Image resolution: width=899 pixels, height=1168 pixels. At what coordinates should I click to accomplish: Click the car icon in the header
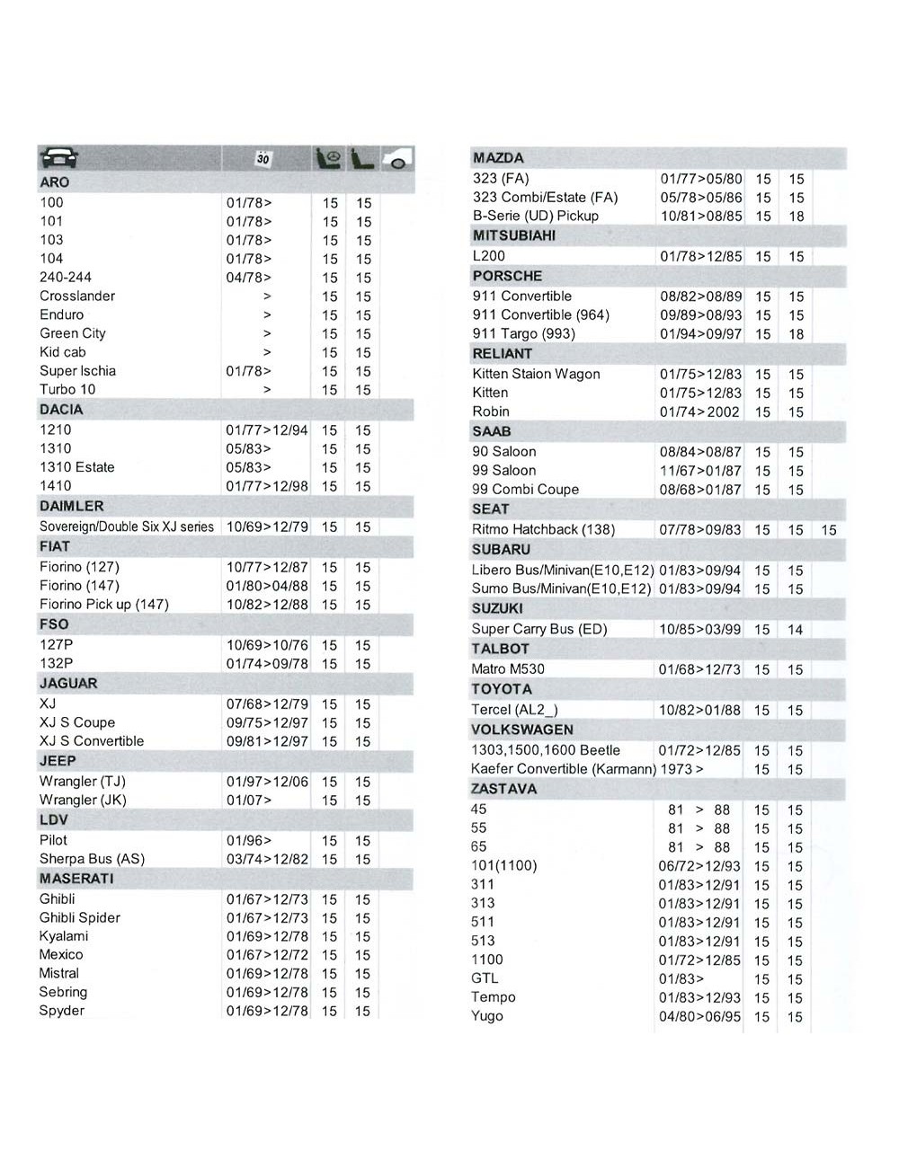(x=59, y=158)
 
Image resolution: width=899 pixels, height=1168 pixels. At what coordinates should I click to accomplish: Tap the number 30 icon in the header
(x=263, y=159)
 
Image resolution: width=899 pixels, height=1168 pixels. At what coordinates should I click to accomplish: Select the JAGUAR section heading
(x=68, y=684)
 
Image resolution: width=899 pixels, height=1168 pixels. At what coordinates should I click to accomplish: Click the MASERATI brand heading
(x=76, y=879)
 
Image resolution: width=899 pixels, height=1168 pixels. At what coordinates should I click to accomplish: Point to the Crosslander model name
(x=77, y=296)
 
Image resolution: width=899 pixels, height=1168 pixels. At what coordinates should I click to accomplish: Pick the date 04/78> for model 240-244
(x=248, y=278)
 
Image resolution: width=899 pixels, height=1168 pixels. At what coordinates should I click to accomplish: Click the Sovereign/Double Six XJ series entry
(x=127, y=526)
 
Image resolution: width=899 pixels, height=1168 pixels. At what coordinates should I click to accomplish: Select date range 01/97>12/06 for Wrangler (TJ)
(x=267, y=782)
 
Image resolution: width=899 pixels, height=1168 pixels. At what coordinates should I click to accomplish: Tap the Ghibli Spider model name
(x=79, y=918)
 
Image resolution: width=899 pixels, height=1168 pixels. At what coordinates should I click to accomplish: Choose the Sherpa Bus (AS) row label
(x=92, y=859)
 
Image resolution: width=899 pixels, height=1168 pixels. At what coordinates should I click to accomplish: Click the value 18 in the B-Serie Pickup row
(x=796, y=217)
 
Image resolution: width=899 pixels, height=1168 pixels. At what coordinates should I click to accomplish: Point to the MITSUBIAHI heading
(x=514, y=235)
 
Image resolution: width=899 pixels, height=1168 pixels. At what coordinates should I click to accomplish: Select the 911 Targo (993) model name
(x=524, y=334)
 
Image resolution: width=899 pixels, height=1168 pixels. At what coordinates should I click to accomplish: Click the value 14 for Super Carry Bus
(x=795, y=630)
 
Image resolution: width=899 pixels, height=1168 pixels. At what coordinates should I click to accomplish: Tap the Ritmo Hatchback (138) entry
(x=543, y=530)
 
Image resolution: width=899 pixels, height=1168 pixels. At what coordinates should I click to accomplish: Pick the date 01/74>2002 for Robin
(x=699, y=412)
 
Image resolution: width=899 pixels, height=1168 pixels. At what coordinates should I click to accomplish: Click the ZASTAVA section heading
(x=503, y=789)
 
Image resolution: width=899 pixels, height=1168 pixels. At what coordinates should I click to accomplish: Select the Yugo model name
(x=487, y=1016)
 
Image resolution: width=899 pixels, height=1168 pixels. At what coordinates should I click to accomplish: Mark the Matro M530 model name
(x=508, y=669)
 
